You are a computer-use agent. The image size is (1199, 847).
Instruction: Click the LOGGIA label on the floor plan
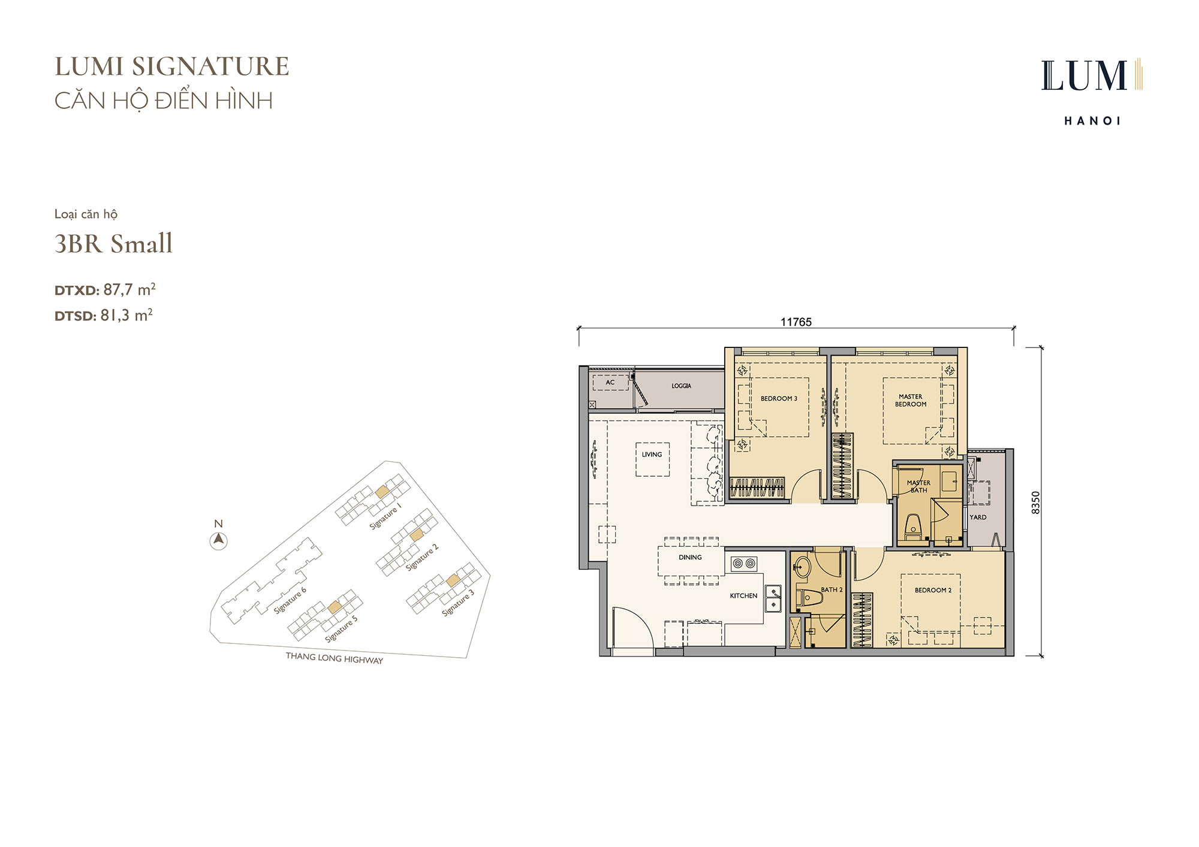coord(681,386)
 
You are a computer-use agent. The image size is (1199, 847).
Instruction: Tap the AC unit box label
coord(610,382)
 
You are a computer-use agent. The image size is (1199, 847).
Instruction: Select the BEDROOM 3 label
coord(779,398)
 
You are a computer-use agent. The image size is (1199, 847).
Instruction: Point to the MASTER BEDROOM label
coord(911,400)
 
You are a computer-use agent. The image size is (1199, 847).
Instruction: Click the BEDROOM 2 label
coord(933,590)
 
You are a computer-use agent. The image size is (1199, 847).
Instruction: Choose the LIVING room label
coord(652,455)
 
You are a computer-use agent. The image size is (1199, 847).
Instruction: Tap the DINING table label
coord(690,557)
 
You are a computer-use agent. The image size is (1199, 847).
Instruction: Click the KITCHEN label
coord(743,595)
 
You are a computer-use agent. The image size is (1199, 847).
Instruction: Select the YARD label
coord(978,517)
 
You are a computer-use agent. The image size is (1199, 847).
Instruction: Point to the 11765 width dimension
coord(796,322)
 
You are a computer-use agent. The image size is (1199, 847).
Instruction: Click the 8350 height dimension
coord(1036,503)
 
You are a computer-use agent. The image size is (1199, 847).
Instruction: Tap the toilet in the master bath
coord(912,526)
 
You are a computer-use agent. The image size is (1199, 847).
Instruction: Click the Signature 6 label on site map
coord(290,600)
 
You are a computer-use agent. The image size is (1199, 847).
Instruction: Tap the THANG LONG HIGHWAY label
coord(334,658)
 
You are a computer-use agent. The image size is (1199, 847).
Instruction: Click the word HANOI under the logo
coord(1092,120)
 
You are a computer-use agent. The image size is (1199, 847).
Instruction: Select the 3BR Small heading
coord(113,243)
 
